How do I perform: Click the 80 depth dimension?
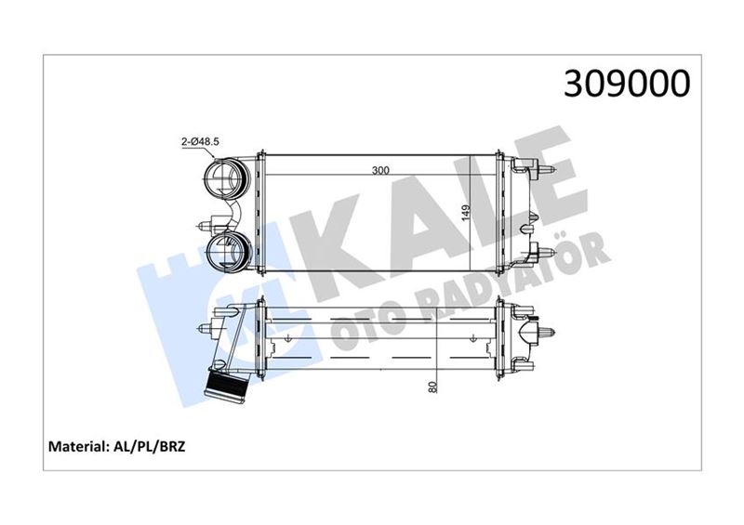tap(432, 386)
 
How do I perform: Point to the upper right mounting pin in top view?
tap(544, 169)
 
